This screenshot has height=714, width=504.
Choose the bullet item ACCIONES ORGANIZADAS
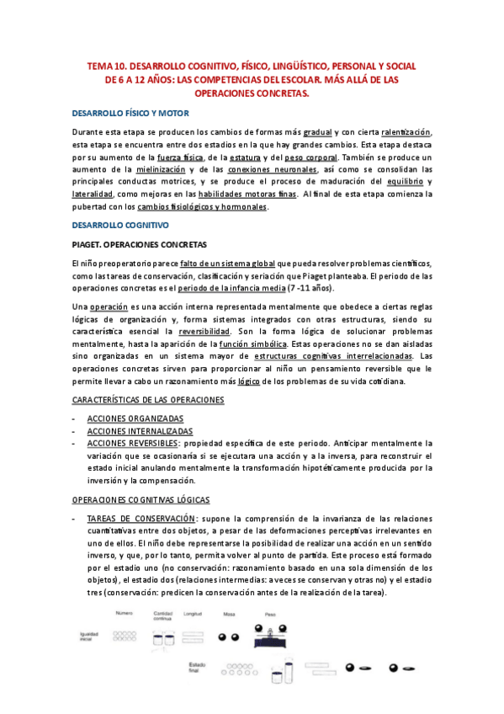pyautogui.click(x=135, y=418)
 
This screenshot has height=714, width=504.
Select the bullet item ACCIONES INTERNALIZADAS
pyautogui.click(x=140, y=431)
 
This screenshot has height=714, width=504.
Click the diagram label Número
pyautogui.click(x=125, y=615)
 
